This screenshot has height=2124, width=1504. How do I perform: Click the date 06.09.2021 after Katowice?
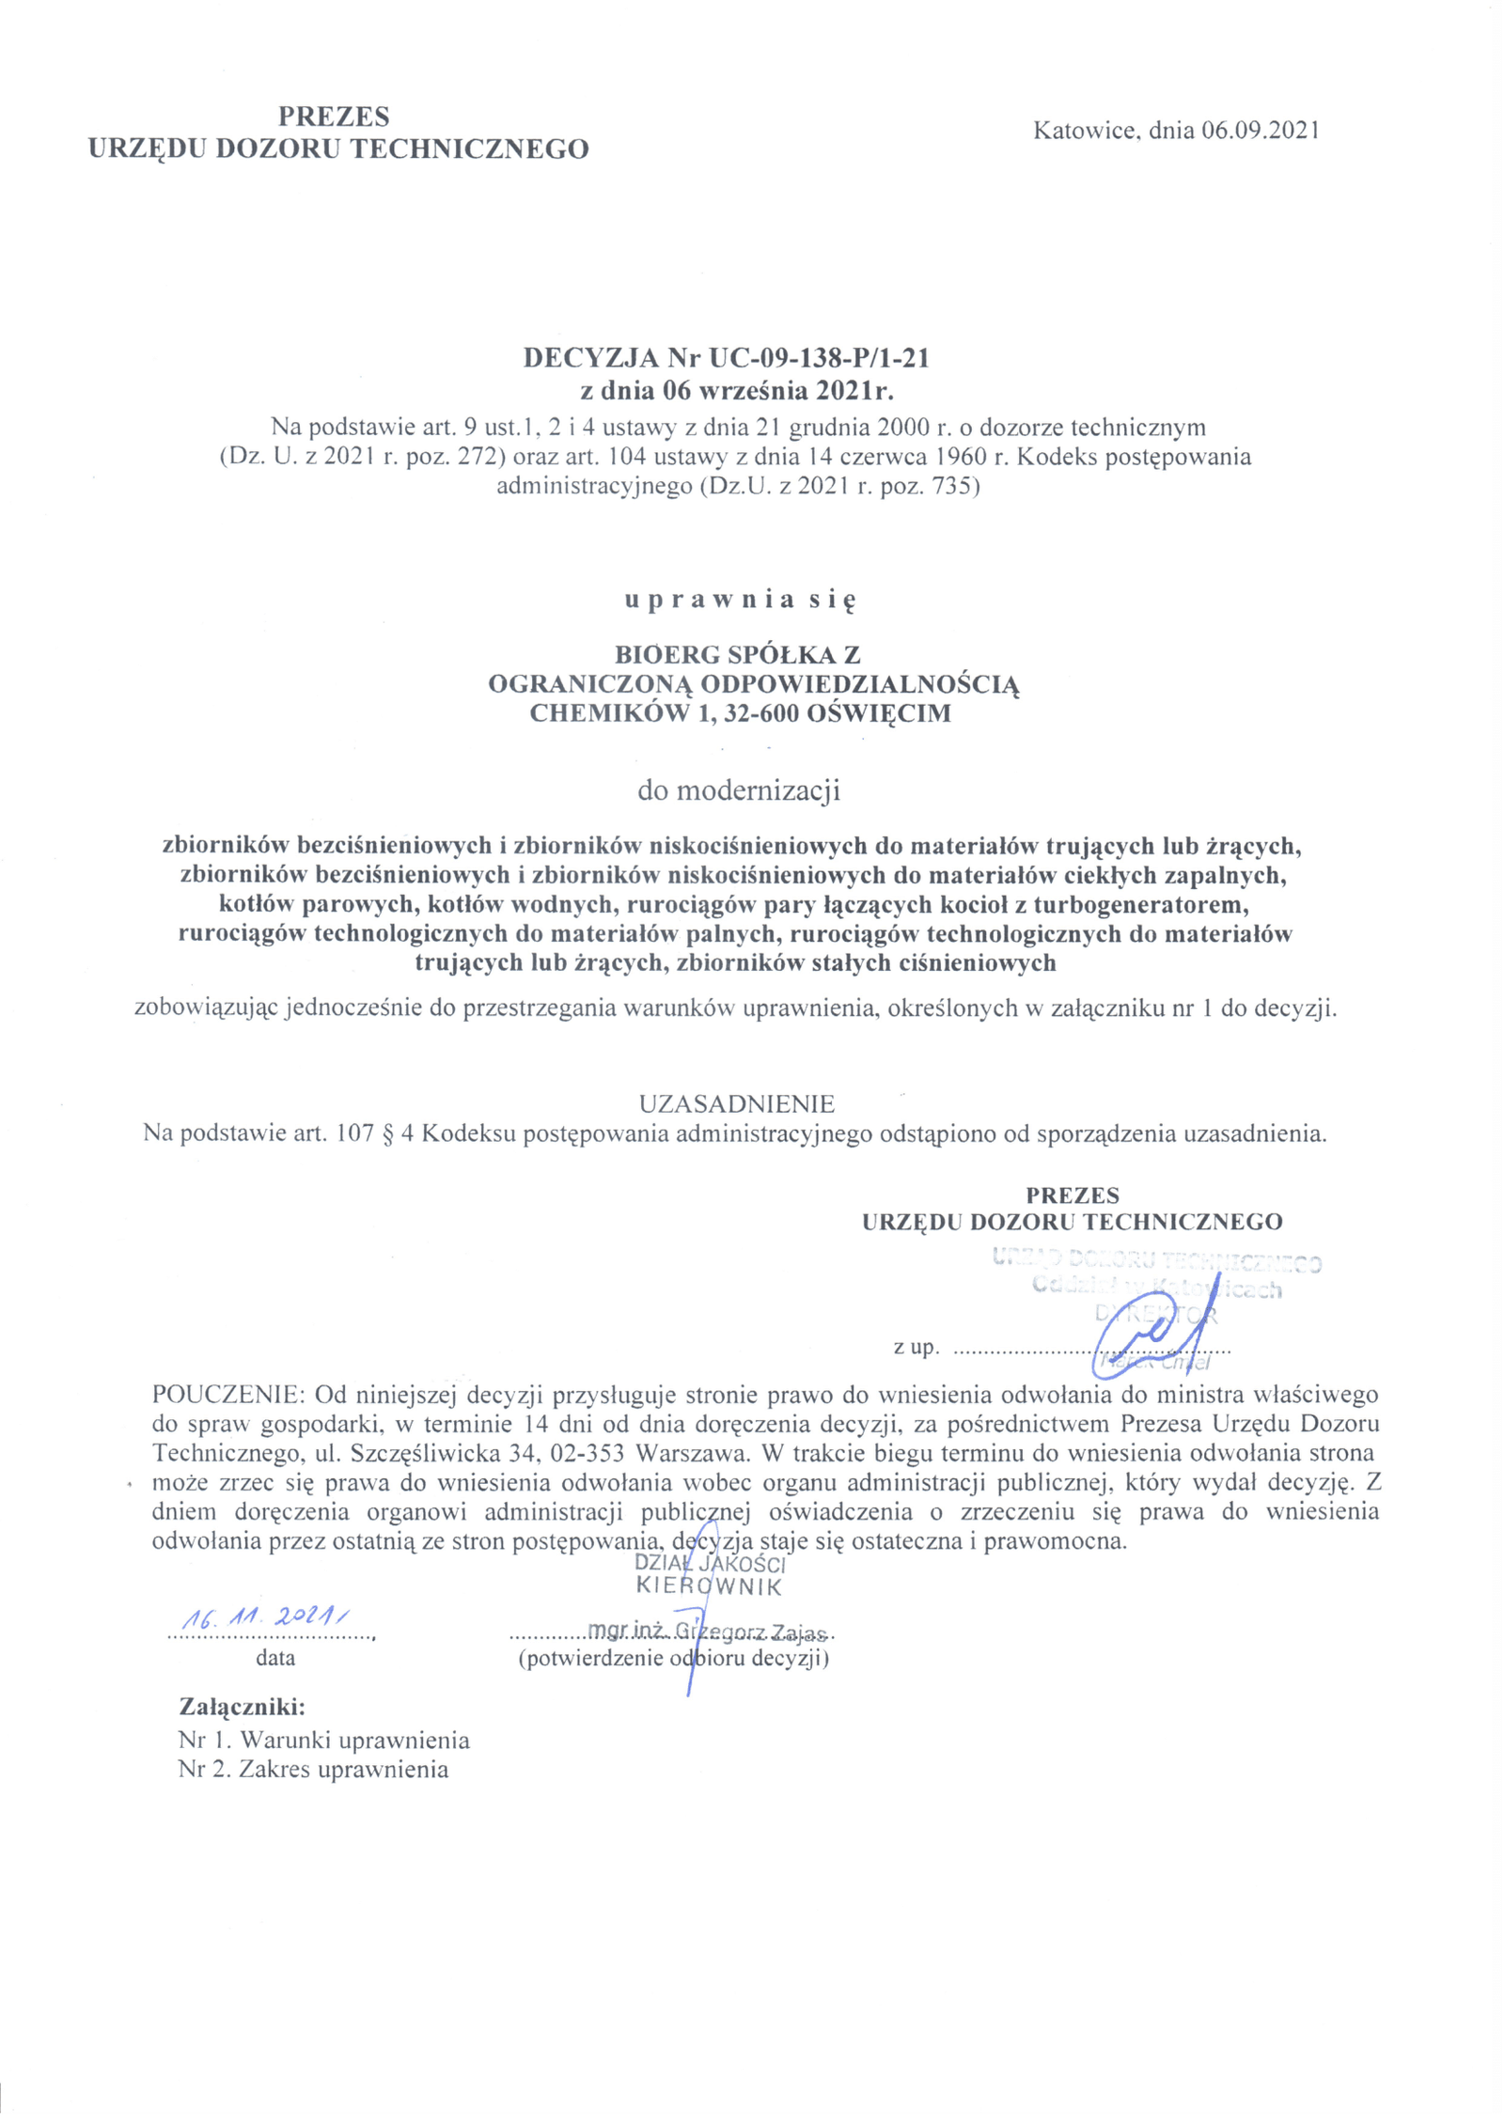[1260, 131]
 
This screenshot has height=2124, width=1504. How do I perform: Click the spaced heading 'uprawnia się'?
[741, 601]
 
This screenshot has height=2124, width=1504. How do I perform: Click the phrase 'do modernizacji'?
[739, 790]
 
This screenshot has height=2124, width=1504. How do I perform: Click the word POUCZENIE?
[229, 1393]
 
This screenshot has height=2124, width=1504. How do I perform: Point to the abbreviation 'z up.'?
[916, 1348]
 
